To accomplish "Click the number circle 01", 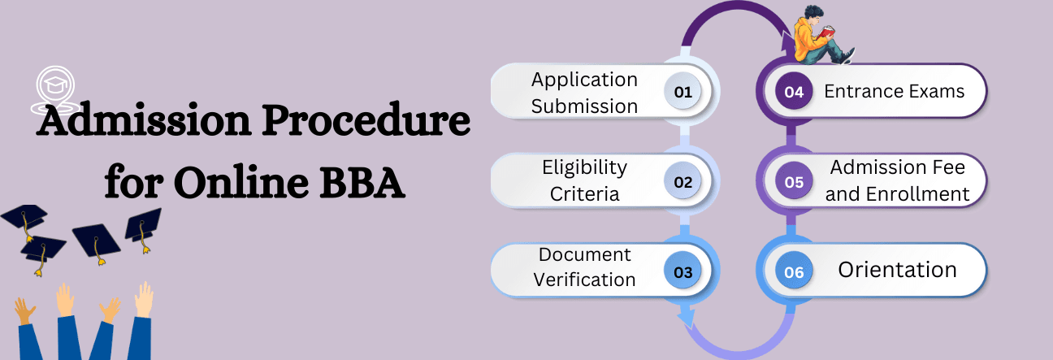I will point(682,92).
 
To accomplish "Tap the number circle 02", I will point(682,181).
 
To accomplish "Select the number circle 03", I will point(682,271).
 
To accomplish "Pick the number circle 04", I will point(794,92).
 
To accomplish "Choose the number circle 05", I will point(794,181).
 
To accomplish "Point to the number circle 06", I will point(794,271).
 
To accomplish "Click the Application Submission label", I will point(584,93).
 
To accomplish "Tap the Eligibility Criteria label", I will point(584,180).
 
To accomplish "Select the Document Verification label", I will point(584,267).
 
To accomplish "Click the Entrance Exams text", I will point(894,91).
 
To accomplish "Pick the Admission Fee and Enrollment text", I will point(898,180).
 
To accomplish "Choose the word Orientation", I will point(897,270).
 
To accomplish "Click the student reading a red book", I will point(819,37).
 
